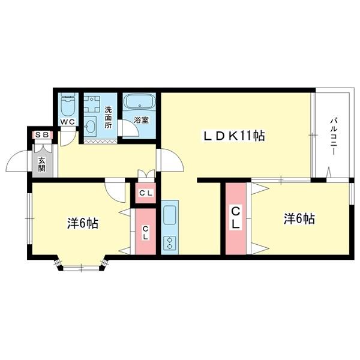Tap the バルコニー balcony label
coord(332,137)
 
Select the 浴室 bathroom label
coord(141,119)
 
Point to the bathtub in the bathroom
coord(139,103)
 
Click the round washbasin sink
coord(91,125)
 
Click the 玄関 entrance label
coord(42,163)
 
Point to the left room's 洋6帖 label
coord(83,223)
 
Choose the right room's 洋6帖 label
coord(299,219)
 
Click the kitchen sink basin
coord(169,214)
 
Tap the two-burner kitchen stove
coord(169,242)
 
